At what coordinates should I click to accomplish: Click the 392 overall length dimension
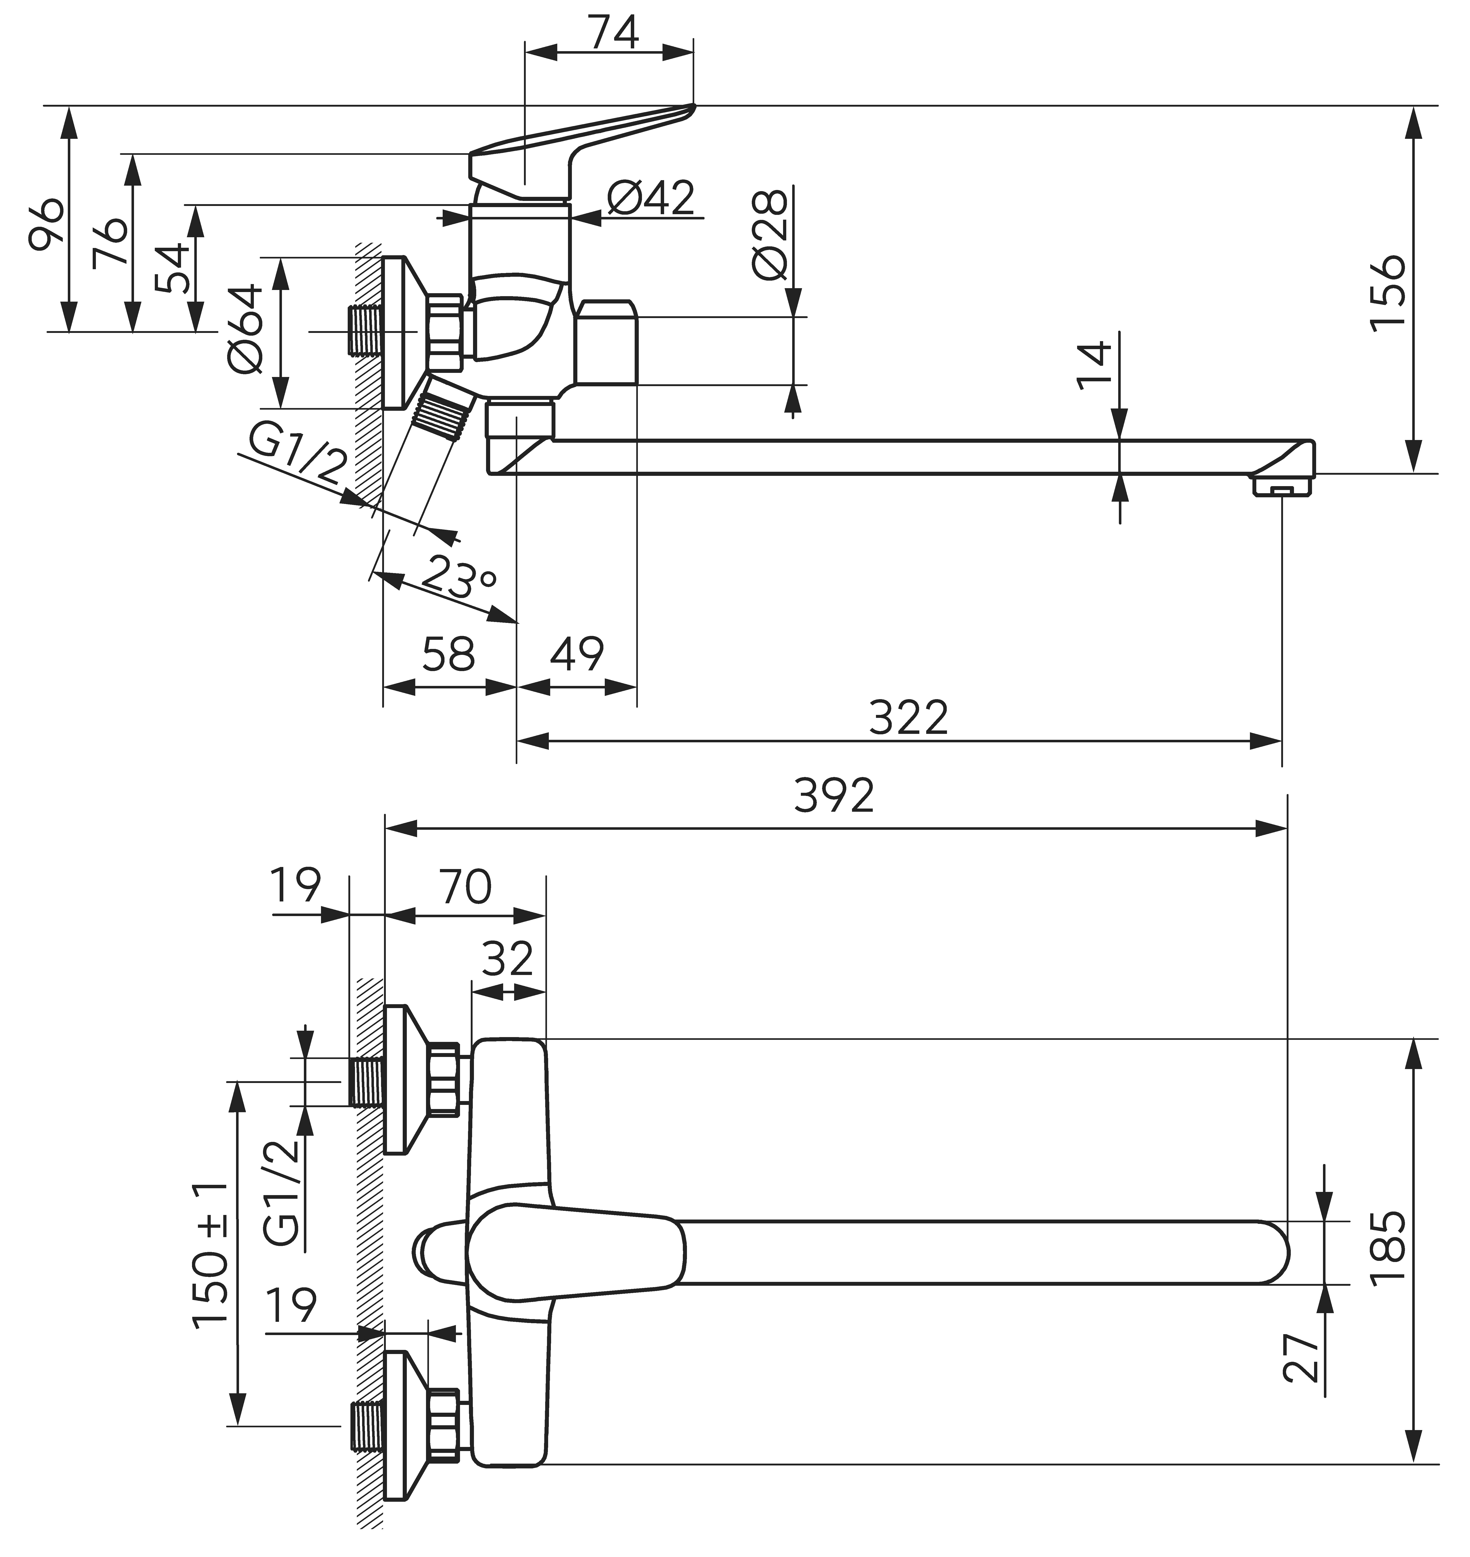point(834,796)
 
